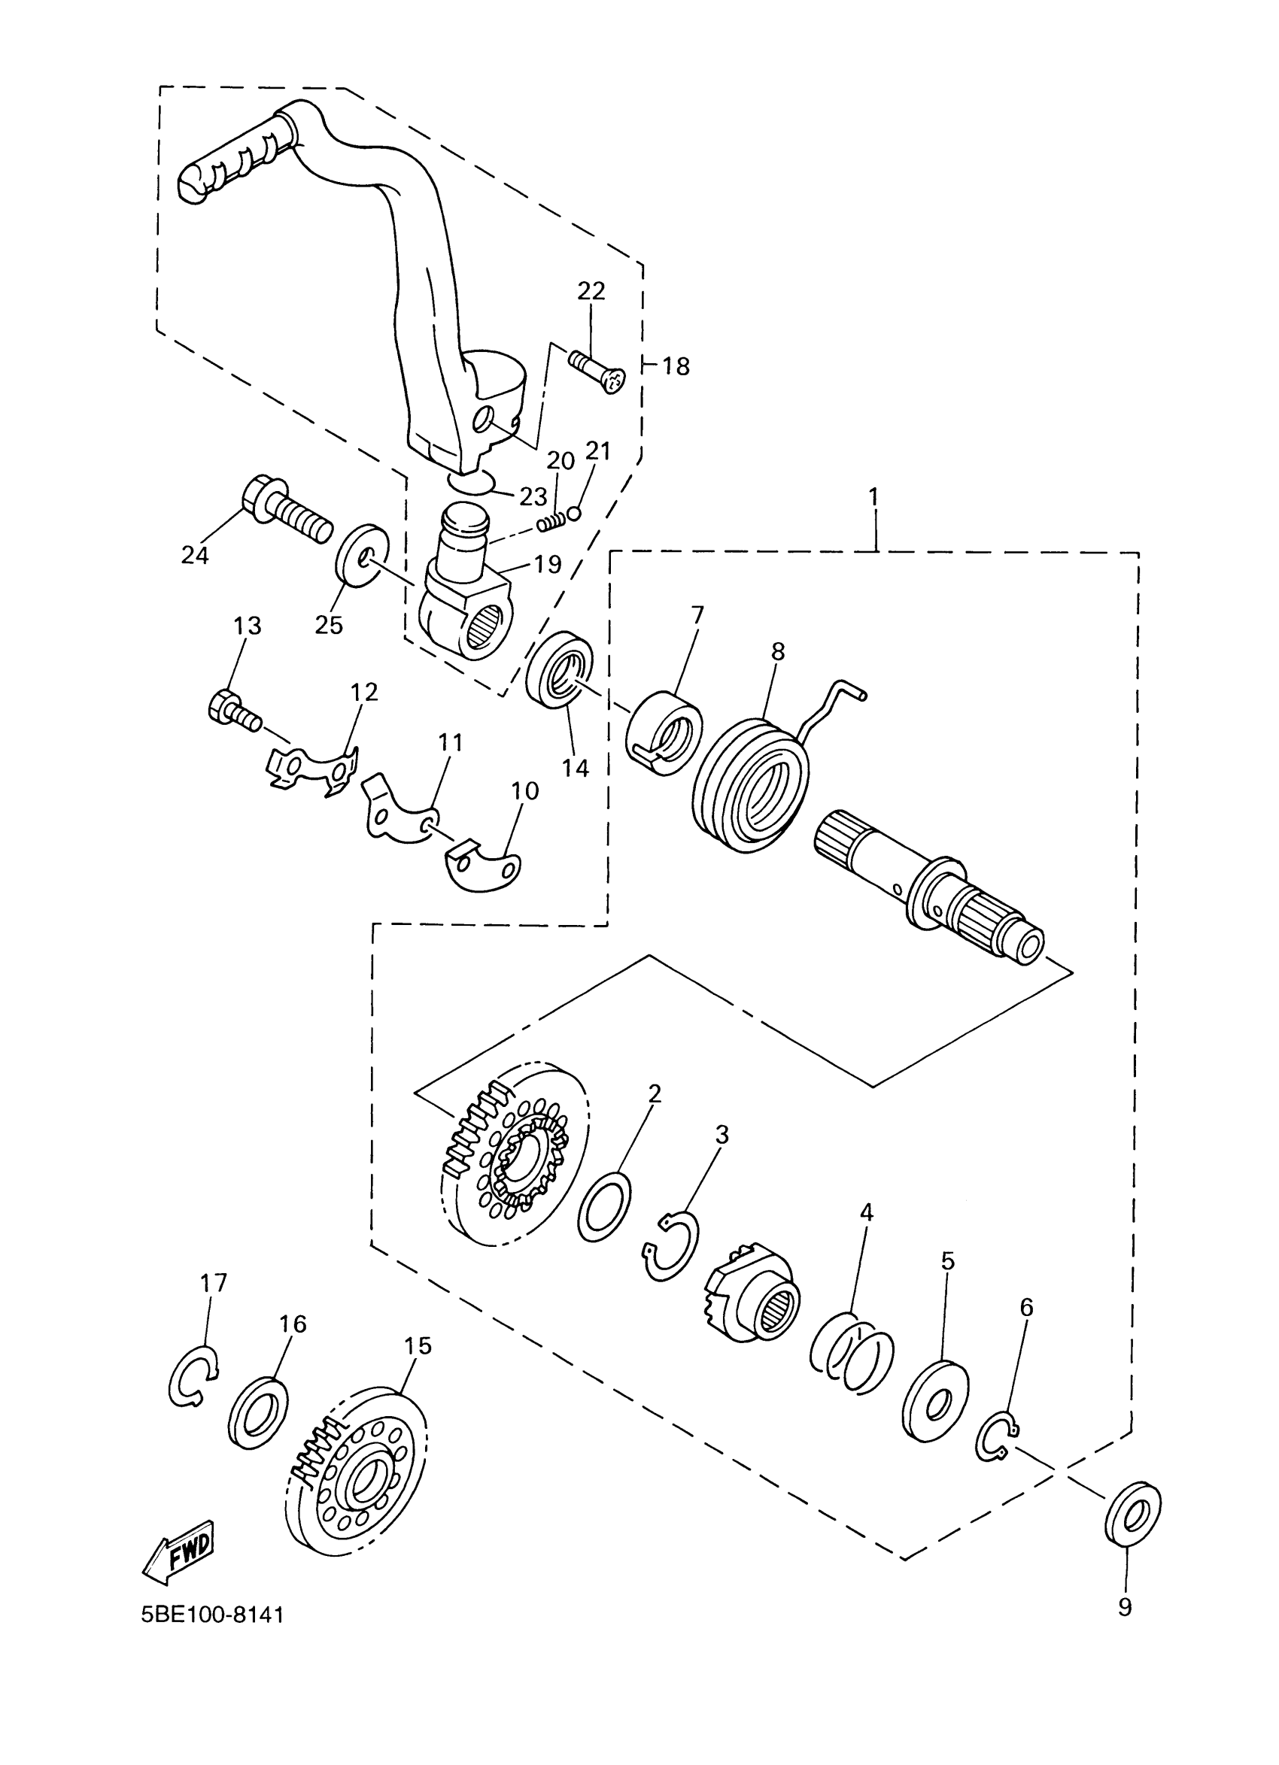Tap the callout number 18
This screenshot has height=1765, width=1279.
(676, 365)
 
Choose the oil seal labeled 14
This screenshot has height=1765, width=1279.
(560, 671)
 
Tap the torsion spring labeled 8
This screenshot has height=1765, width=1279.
(749, 789)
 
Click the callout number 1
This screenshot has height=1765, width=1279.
(873, 496)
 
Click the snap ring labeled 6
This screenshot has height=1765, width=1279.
(997, 1439)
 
